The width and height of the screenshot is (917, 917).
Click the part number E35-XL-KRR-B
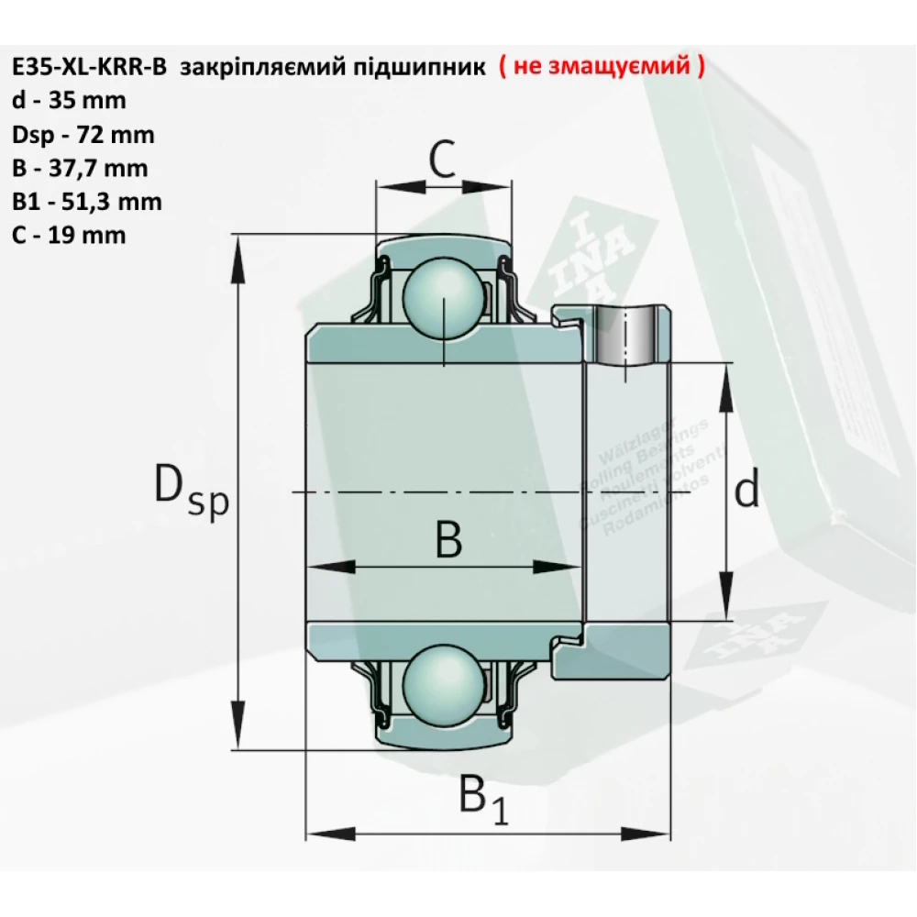pos(89,68)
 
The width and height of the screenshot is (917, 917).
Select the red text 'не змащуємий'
pos(602,67)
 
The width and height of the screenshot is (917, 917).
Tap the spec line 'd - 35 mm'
pos(69,101)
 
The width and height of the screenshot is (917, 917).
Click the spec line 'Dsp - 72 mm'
pos(83,135)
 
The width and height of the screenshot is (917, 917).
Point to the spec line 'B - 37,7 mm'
pos(80,168)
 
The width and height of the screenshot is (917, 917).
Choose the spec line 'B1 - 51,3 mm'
pos(86,201)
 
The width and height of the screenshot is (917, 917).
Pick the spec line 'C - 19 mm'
pos(69,234)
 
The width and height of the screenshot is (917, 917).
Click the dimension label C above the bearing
pos(443,160)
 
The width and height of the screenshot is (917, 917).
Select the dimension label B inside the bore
pos(447,540)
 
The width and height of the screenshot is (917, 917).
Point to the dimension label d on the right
pos(747,492)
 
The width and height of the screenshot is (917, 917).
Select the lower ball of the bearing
pos(443,683)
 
